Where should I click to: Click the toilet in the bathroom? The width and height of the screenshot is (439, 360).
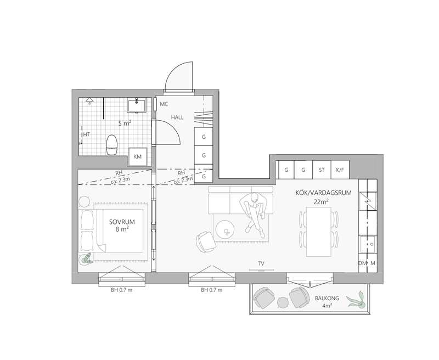111,144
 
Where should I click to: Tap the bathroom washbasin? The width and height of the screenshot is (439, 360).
136,105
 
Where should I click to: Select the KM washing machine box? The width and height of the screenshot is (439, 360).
138,157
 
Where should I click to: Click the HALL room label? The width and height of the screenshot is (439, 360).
177,117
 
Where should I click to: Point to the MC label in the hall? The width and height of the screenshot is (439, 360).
164,104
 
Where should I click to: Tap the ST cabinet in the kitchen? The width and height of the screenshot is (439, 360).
322,170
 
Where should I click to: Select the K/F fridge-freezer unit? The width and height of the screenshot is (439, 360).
340,170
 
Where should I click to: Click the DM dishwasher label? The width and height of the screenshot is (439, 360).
363,263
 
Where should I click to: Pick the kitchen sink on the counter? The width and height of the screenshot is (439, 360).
368,244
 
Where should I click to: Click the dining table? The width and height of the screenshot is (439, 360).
319,232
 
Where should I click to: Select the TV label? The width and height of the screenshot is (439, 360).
261,263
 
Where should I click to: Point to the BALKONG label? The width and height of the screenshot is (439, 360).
327,298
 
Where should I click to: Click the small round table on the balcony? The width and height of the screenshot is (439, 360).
283,302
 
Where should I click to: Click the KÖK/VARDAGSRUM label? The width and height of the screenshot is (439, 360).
323,193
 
